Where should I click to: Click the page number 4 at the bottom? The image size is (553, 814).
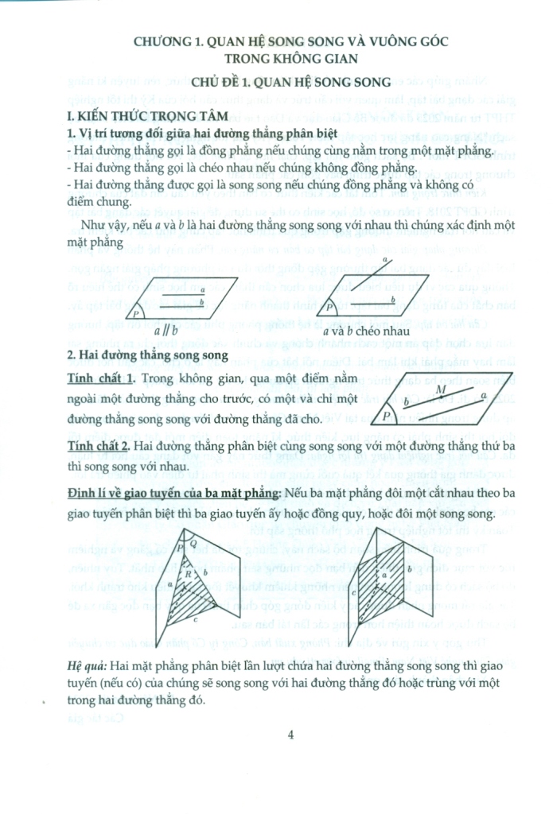(x=290, y=735)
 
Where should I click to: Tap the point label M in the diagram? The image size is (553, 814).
(x=441, y=389)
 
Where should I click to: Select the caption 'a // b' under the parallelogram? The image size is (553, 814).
(x=166, y=330)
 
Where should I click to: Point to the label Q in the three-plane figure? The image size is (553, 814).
(x=193, y=543)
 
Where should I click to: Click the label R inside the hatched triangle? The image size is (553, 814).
(x=188, y=574)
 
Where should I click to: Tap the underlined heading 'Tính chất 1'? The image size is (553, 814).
(x=101, y=379)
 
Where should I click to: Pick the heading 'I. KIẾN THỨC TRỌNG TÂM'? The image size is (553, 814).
(x=148, y=116)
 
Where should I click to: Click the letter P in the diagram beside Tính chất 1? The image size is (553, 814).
(x=387, y=415)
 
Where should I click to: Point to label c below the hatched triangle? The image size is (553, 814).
(x=195, y=619)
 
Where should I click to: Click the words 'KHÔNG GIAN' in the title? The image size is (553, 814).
(x=316, y=59)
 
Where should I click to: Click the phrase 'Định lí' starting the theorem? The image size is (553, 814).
(x=84, y=492)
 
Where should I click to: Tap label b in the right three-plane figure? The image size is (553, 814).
(x=410, y=569)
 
